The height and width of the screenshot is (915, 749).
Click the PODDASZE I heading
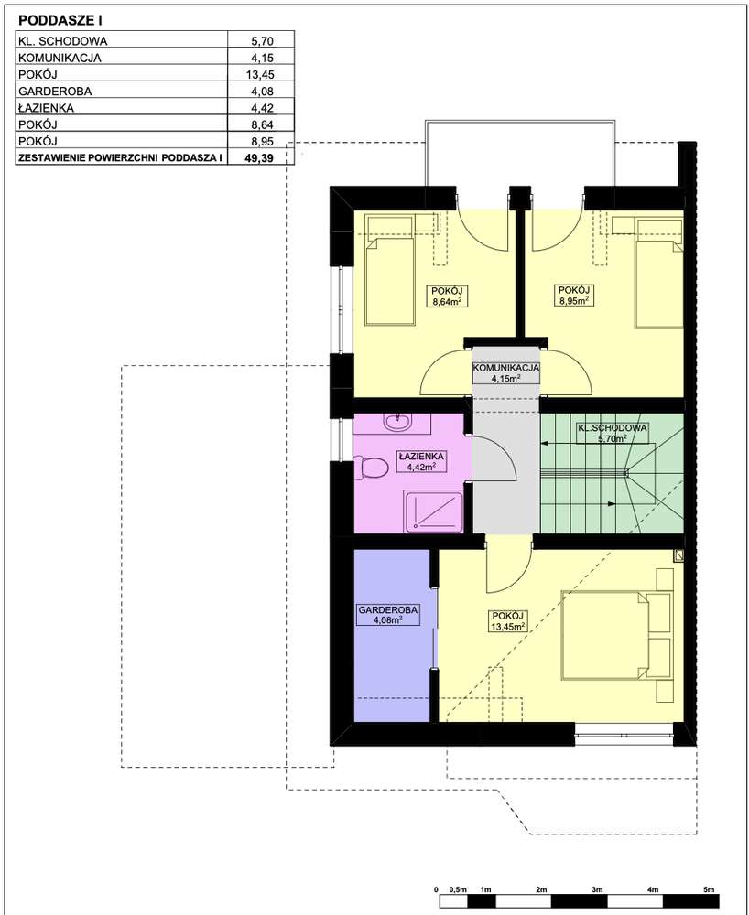tap(60, 21)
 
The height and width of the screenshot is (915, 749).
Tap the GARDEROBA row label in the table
tap(55, 91)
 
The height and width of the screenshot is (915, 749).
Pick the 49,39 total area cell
tap(259, 158)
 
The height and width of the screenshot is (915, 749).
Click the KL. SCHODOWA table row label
tap(62, 41)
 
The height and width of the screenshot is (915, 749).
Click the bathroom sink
tap(398, 422)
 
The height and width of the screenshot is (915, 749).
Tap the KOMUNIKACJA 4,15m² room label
tap(505, 373)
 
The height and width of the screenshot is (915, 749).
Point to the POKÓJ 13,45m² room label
tap(508, 621)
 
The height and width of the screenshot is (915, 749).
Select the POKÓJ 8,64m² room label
tap(448, 296)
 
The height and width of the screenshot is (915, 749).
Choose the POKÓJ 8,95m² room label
tap(573, 296)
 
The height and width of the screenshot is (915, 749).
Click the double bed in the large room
tap(604, 636)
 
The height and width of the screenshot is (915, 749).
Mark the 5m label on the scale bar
tap(709, 889)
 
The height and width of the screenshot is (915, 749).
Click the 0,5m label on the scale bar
tap(458, 889)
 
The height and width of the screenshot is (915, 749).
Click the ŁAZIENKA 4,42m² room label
tap(420, 461)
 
